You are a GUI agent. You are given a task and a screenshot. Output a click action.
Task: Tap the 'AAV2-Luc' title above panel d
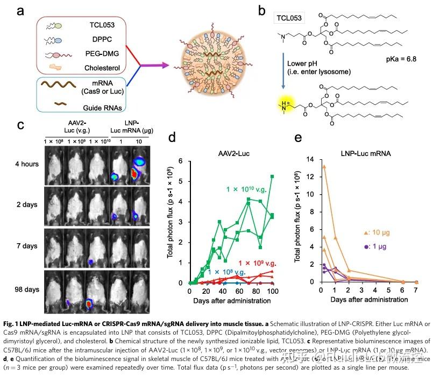(x=232, y=153)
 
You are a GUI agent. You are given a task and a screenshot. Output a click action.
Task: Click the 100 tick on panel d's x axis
(x=273, y=291)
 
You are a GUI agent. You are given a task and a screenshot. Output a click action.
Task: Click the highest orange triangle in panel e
(x=309, y=166)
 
